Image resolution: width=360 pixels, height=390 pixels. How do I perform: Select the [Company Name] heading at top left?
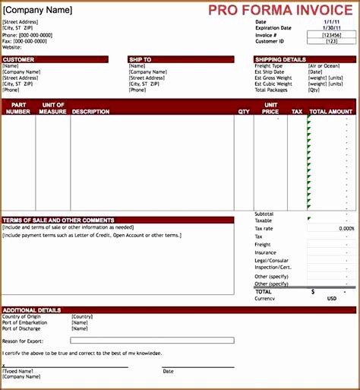coord(38,11)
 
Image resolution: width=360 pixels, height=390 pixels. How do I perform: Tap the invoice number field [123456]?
coord(331,35)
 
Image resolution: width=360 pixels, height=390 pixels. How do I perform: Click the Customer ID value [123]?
coord(331,41)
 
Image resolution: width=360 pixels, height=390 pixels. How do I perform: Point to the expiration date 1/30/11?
coord(331,28)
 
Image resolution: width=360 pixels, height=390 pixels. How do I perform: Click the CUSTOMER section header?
coord(18,59)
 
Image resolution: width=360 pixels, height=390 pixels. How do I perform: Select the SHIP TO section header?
coord(141,59)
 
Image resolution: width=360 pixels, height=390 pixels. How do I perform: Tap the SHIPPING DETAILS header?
coord(280,59)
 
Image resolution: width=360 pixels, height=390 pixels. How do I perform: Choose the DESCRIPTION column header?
coord(91,112)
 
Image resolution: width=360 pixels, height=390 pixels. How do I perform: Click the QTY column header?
coord(243,112)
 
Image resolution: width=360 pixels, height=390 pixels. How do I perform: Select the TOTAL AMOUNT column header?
coord(331,112)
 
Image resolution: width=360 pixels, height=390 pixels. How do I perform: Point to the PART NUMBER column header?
coord(18,108)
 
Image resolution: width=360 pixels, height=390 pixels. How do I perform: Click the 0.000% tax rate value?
coord(346,228)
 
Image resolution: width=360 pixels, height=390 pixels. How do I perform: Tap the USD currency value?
coord(331,299)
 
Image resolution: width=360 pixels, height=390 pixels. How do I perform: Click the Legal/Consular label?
coord(273,261)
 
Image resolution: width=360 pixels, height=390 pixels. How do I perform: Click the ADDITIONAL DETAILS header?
coord(32,310)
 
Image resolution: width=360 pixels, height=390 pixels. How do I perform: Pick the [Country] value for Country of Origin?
coord(82,316)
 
